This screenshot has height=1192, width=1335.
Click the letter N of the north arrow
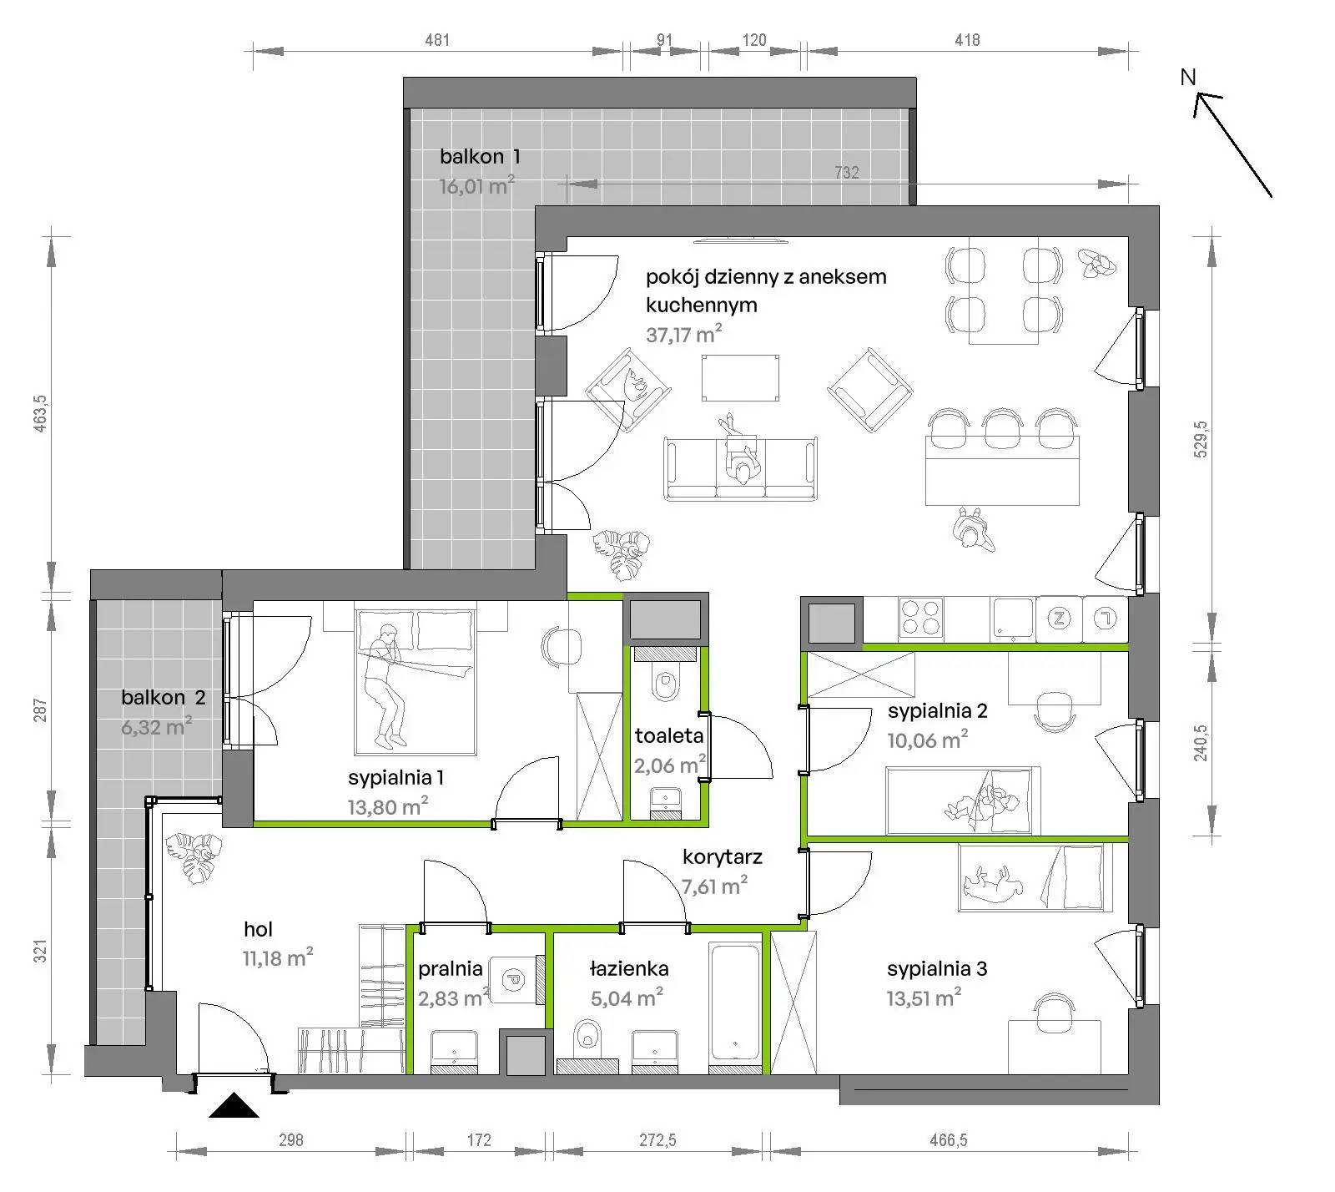pyautogui.click(x=1188, y=77)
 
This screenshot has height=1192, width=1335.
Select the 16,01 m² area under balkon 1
pyautogui.click(x=477, y=185)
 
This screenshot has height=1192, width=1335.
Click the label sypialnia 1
pyautogui.click(x=395, y=778)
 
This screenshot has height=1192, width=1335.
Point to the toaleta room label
pyautogui.click(x=669, y=736)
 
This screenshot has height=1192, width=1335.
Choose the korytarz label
pyautogui.click(x=723, y=857)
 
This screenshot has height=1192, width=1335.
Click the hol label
pyautogui.click(x=259, y=929)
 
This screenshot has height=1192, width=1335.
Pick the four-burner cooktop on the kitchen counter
pyautogui.click(x=921, y=619)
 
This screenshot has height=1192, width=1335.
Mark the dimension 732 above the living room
pyautogui.click(x=846, y=173)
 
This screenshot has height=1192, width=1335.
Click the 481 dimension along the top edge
pyautogui.click(x=437, y=39)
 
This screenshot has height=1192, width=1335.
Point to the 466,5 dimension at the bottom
pyautogui.click(x=948, y=1140)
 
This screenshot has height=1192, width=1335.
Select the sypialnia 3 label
pyautogui.click(x=937, y=969)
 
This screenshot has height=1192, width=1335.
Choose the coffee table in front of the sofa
pyautogui.click(x=741, y=378)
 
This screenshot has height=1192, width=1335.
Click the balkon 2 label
pyautogui.click(x=164, y=698)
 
